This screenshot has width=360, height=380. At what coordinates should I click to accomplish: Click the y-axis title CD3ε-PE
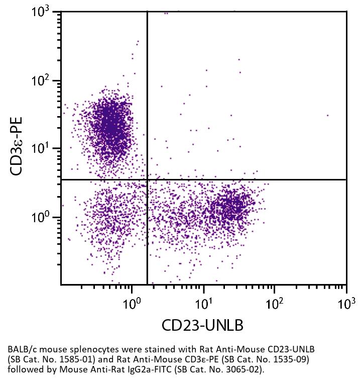(x=19, y=146)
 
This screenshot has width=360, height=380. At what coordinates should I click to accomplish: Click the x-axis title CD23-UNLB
(x=202, y=325)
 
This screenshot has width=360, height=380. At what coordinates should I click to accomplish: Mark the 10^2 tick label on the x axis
(x=275, y=304)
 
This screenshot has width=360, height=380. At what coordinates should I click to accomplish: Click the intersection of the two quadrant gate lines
(x=147, y=179)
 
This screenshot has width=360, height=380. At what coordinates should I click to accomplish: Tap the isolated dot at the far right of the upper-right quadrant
(x=328, y=115)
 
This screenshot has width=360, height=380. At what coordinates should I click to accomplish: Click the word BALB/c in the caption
(x=21, y=349)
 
